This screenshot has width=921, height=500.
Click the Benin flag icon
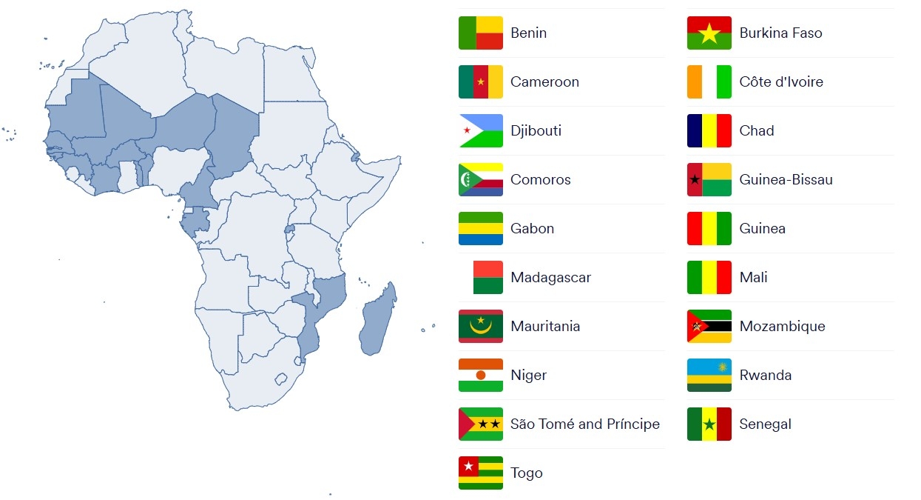tap(481, 33)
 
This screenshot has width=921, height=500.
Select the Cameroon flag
tap(481, 81)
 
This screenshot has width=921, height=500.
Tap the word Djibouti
tap(536, 130)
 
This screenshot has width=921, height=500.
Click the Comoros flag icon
tap(481, 179)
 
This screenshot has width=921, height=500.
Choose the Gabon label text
tap(532, 228)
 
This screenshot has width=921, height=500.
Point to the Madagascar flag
tap(481, 277)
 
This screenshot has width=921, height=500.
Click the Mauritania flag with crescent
tap(481, 326)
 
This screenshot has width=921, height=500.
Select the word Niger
tap(528, 375)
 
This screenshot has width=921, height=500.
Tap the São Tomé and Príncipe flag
tap(481, 424)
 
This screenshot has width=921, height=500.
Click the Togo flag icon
tap(481, 473)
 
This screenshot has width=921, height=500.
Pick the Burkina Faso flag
tap(709, 33)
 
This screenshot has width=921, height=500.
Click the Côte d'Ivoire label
tap(780, 81)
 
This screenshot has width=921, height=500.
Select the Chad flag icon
tap(709, 130)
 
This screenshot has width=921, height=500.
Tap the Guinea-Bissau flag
tap(709, 179)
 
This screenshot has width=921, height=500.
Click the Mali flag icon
tap(709, 277)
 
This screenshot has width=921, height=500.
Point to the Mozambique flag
tap(709, 326)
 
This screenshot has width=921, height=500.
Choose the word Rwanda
tap(765, 375)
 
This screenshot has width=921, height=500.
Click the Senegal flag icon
tap(709, 424)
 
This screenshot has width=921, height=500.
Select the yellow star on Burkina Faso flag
tap(709, 33)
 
